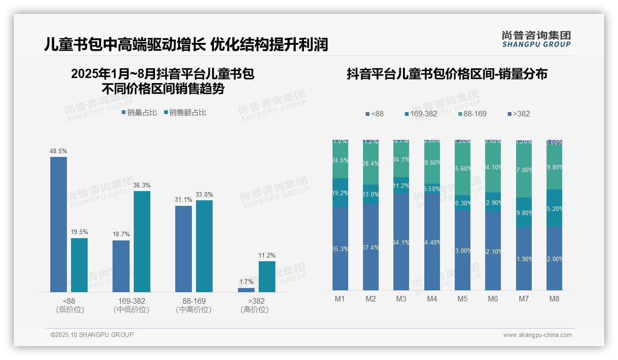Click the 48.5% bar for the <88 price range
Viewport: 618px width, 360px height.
point(59,224)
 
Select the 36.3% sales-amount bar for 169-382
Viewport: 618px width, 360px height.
point(142,241)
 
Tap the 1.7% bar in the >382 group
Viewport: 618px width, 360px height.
point(246,290)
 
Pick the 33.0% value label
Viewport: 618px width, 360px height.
point(204,194)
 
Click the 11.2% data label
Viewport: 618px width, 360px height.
point(267,255)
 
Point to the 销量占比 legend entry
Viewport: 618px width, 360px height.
point(139,112)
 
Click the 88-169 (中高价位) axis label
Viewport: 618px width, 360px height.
point(194,305)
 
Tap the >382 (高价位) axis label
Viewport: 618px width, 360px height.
point(255,305)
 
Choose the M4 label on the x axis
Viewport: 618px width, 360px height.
point(432,299)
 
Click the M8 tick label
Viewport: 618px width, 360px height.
point(554,299)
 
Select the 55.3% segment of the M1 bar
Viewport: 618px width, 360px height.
point(340,249)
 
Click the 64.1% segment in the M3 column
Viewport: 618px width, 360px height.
point(401,242)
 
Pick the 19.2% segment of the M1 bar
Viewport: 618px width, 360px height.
point(340,193)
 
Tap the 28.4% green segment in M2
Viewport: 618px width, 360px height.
point(371,164)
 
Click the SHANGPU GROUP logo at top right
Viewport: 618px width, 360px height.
point(536,39)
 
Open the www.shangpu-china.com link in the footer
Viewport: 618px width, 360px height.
point(537,335)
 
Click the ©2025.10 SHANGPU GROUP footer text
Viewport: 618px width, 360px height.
point(92,335)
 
